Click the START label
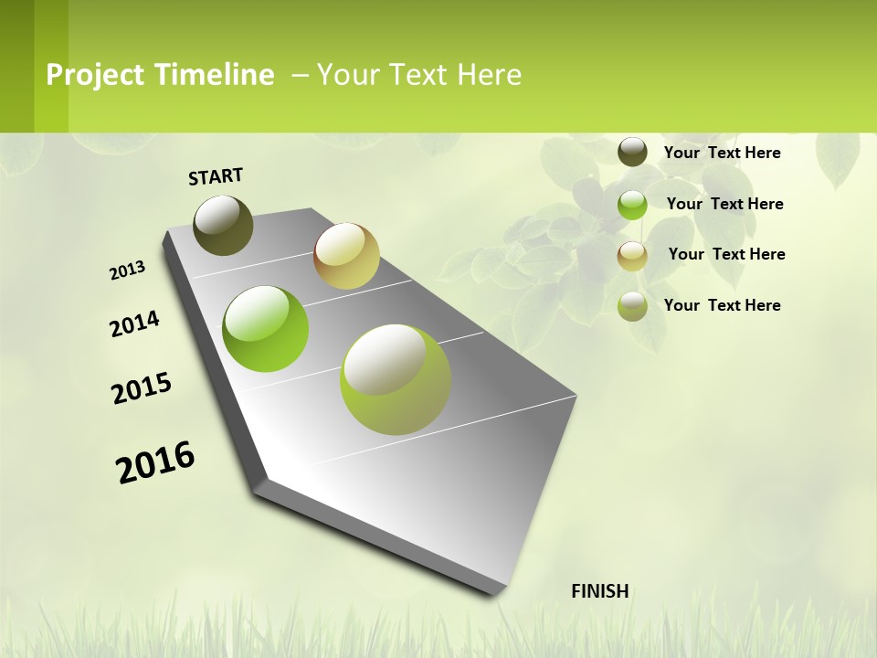tap(216, 176)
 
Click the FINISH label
tap(600, 591)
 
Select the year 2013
tap(127, 271)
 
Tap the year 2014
tap(134, 324)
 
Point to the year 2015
tap(142, 387)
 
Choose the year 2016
tap(155, 462)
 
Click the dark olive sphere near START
tap(223, 225)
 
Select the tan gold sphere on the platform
tap(346, 256)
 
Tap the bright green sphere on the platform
tap(265, 329)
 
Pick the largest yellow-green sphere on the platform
tap(395, 379)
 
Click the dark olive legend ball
tap(632, 152)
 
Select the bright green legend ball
tap(632, 205)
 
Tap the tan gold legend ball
tap(632, 256)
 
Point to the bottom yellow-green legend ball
tap(632, 306)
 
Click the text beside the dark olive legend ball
tap(722, 153)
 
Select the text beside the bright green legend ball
tap(724, 204)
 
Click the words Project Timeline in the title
tap(160, 75)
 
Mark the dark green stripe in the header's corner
tap(16, 66)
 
